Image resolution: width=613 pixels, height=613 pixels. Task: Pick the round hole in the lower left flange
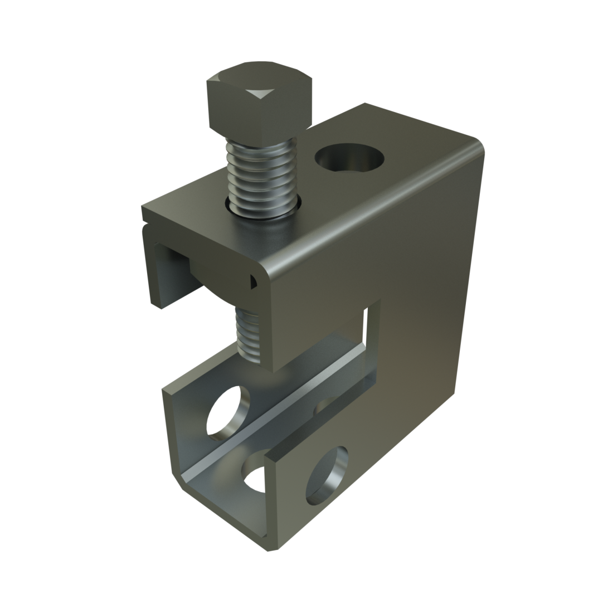point(227,410)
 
